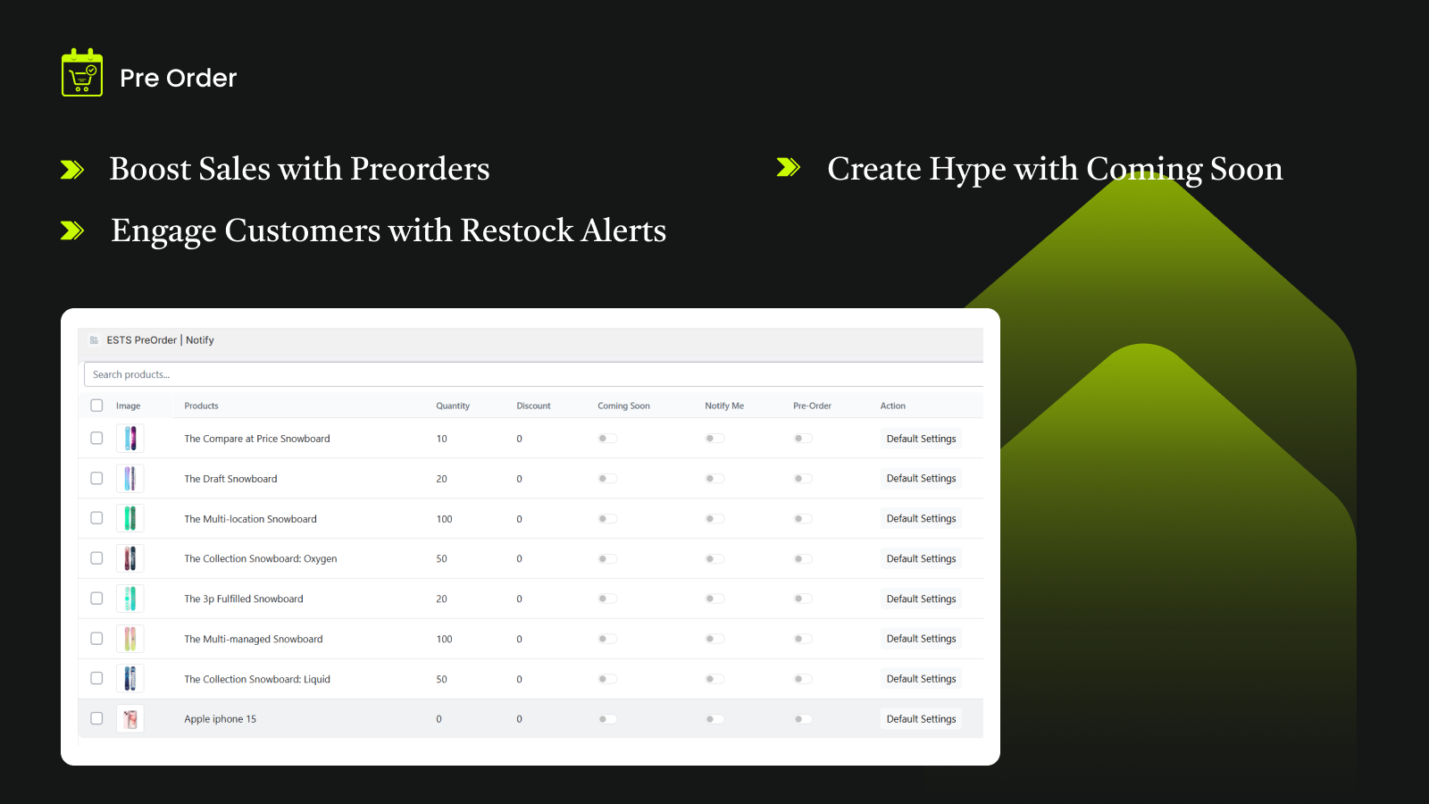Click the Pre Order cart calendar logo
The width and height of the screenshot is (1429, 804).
81,72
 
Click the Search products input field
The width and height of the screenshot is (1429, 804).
533,374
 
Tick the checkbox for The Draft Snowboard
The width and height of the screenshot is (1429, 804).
96,478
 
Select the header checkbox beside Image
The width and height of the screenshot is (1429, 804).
96,406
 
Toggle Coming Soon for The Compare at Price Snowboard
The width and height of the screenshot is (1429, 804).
607,439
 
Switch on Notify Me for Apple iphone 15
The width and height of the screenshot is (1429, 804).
714,719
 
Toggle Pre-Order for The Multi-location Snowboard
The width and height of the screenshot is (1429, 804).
803,519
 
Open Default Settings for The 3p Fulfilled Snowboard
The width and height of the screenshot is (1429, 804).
921,599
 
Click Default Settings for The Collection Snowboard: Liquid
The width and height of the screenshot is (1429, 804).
921,678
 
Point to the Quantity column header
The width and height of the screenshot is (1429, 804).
452,406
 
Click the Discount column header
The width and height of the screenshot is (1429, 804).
533,406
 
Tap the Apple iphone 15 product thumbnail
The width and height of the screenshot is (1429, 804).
130,719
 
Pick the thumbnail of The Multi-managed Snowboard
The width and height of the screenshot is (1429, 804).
130,639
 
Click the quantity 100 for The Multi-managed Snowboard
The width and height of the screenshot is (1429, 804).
444,639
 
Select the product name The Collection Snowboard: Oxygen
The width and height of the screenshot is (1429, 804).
260,558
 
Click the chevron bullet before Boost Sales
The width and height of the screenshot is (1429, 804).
72,169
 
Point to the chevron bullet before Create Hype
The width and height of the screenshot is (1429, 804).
789,167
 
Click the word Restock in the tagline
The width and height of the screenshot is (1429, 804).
517,230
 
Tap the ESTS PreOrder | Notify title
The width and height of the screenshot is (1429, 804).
160,340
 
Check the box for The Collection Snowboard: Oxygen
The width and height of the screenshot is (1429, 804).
96,557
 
